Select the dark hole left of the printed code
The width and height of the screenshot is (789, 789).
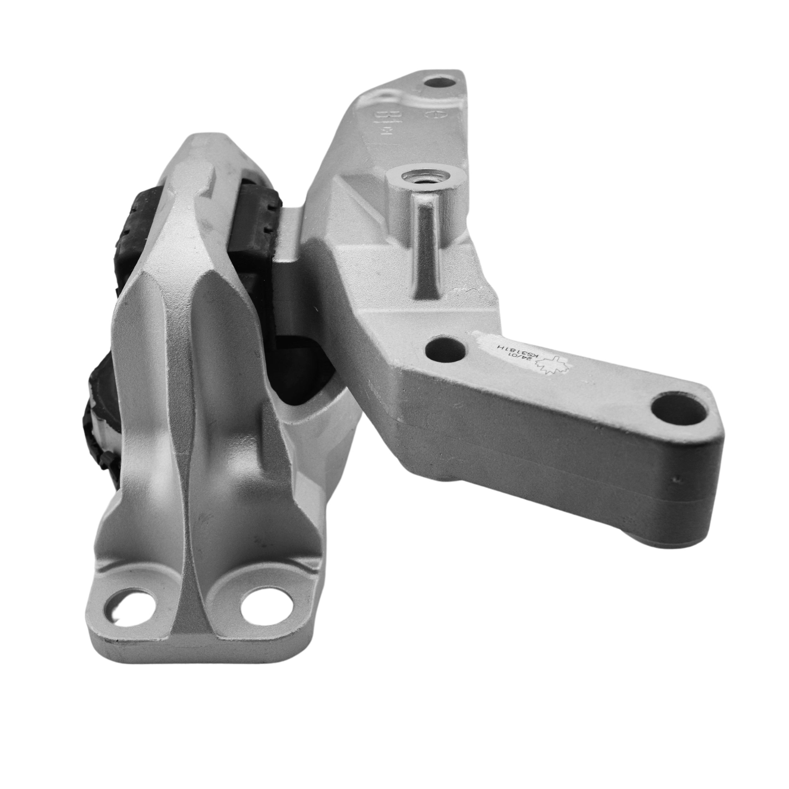[x=446, y=349]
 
